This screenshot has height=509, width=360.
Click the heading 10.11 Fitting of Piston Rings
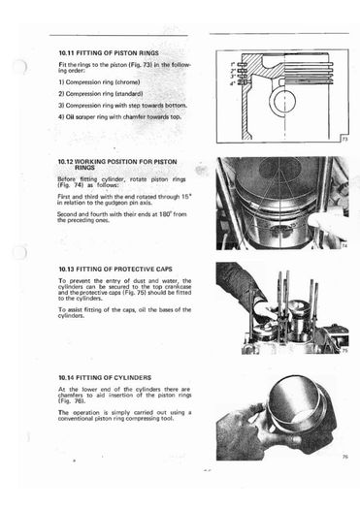[109, 53]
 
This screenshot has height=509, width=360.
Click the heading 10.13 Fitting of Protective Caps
[115, 270]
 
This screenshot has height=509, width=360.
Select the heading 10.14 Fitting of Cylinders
[105, 377]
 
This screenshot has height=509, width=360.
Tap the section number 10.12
[65, 162]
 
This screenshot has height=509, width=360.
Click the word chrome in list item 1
[129, 82]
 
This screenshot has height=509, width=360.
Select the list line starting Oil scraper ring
[120, 117]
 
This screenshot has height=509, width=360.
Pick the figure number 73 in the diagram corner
[344, 140]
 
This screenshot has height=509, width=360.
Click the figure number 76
[345, 457]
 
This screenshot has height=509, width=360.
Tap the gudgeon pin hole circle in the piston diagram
[284, 101]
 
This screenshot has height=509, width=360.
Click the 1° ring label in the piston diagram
[233, 64]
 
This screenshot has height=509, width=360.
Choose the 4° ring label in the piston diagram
[233, 83]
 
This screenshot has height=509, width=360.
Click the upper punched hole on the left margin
[19, 67]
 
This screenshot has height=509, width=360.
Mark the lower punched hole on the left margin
[19, 253]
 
